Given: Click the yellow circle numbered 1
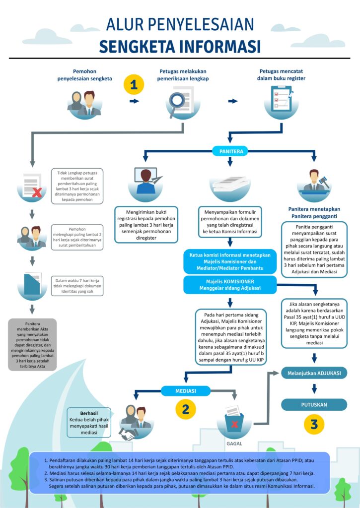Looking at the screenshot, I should pos(134,85).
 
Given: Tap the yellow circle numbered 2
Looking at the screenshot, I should pos(185,409).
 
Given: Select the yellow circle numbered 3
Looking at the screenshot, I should pos(314,424).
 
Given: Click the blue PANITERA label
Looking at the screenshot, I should pos(230,151).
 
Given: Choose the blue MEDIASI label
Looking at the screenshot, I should pos(186,391).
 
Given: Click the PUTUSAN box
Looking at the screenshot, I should pos(314,404).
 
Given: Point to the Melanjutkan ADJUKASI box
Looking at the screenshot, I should pos(314,373).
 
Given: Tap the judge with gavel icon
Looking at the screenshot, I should pos(314,181).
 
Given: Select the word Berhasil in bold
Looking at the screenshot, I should pos(89,413).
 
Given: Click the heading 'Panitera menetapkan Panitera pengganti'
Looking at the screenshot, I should pos(314,212).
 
